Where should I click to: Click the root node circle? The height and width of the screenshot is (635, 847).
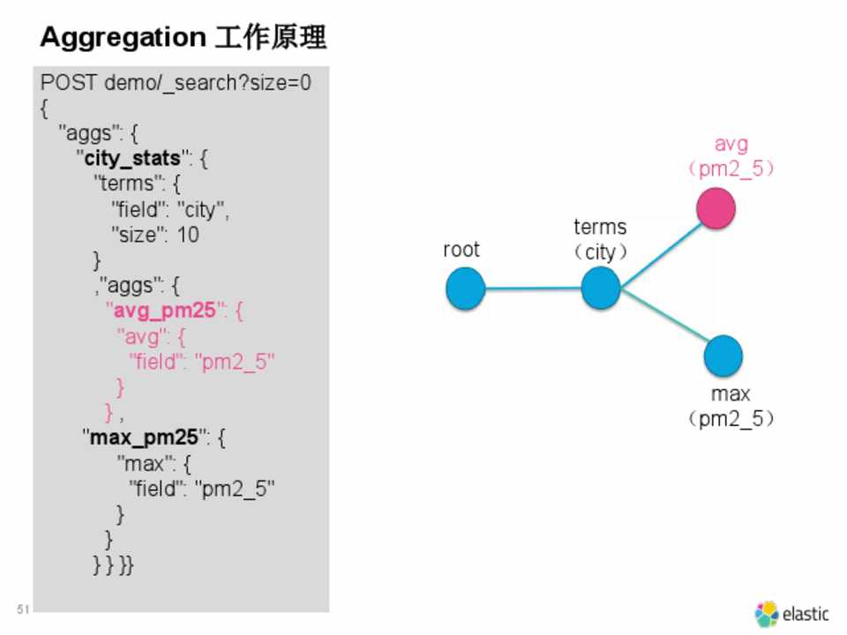click(465, 288)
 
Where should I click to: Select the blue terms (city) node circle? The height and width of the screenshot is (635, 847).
click(601, 288)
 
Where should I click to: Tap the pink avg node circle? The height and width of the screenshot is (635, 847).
click(716, 210)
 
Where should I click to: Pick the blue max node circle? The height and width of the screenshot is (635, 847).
click(723, 355)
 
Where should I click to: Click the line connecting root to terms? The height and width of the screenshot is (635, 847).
click(533, 288)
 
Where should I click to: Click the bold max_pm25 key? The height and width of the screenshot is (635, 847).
click(144, 437)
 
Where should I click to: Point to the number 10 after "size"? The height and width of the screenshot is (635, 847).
click(188, 235)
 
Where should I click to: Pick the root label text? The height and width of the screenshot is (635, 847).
click(461, 250)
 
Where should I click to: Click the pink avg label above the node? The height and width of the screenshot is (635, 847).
click(731, 144)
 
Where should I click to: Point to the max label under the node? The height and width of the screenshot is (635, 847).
click(731, 394)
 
